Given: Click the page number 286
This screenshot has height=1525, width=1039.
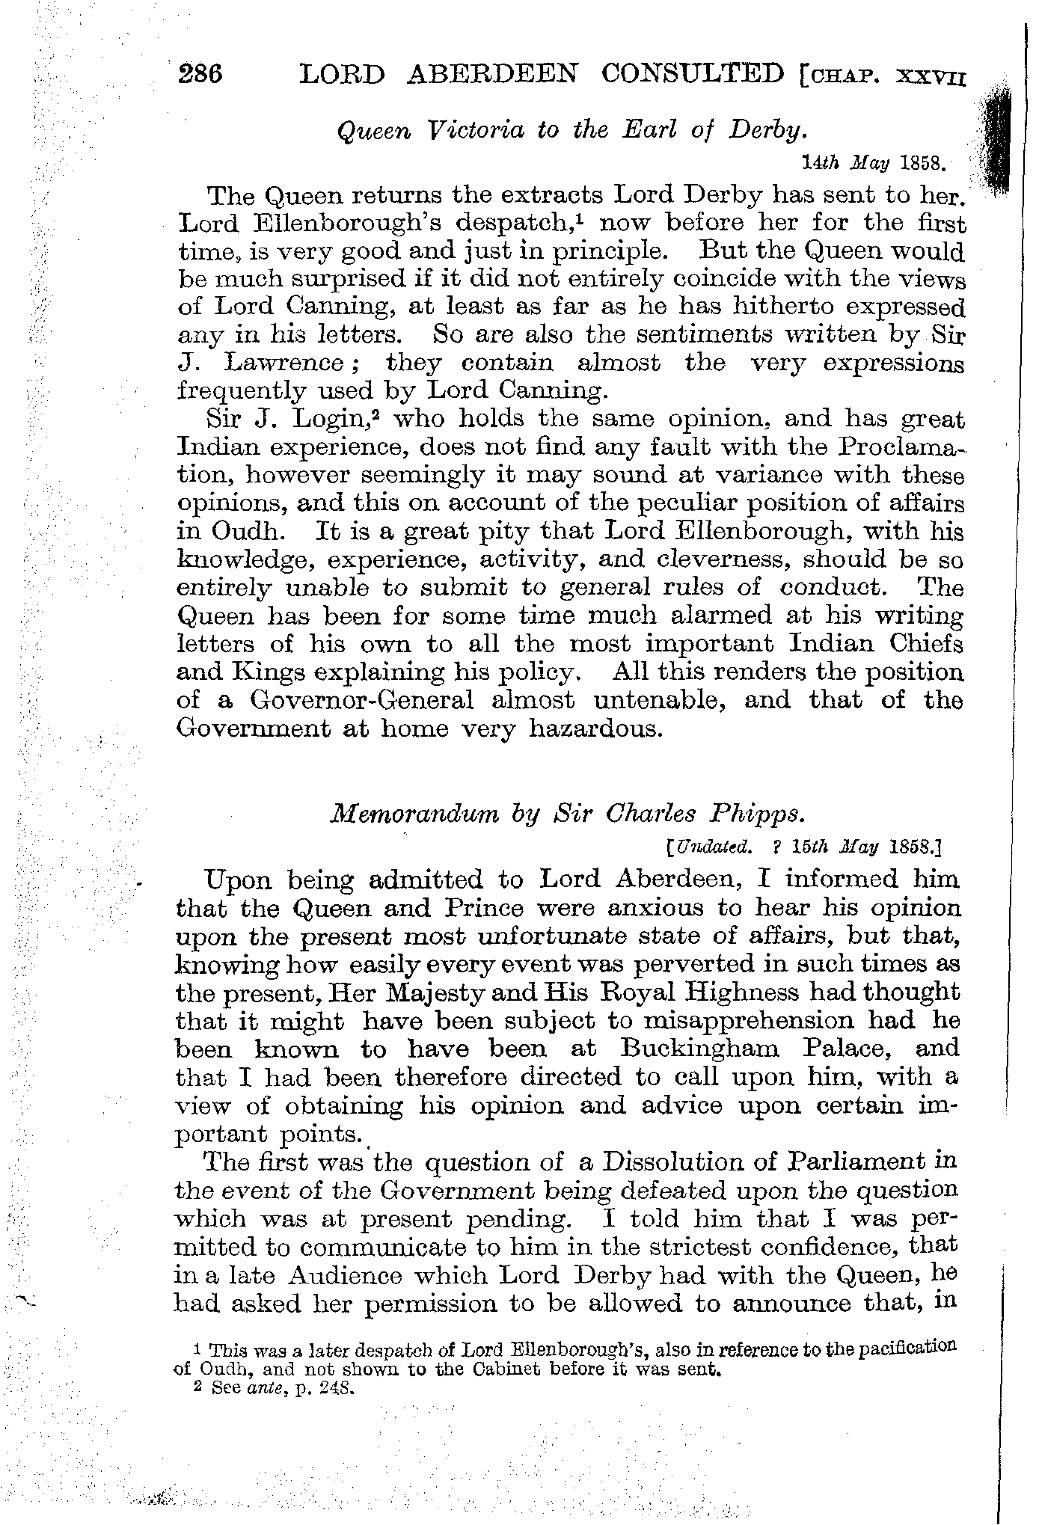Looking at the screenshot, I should [201, 75].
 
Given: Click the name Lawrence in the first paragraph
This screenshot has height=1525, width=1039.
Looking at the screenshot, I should [283, 363].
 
